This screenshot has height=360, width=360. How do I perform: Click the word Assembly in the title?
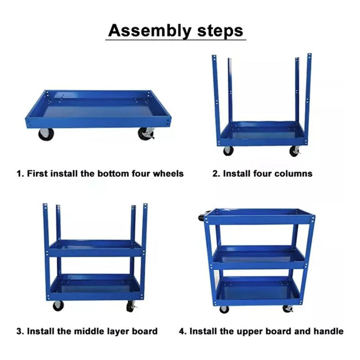150,31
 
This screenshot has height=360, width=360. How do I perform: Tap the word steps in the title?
220,31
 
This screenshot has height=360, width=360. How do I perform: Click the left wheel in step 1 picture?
46,134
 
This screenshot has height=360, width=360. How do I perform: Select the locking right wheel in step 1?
146,134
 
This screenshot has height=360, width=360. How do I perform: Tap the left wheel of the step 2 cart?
228,151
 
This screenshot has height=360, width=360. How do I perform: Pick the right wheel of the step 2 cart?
295,151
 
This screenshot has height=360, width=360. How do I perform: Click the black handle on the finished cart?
201,217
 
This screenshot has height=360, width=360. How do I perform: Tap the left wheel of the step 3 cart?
58,306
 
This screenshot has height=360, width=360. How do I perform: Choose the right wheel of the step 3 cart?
131,306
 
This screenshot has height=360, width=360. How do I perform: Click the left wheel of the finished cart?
224,310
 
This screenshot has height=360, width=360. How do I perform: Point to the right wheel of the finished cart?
288,309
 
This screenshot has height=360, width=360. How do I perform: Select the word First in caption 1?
37,173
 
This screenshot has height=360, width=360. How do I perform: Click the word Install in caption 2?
237,173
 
